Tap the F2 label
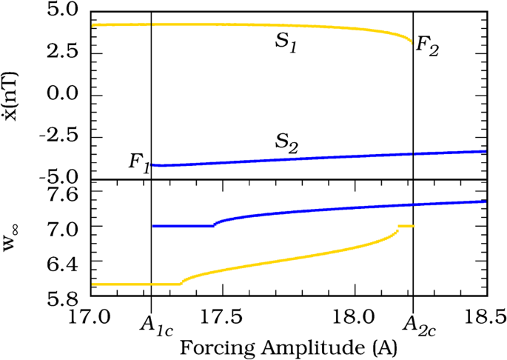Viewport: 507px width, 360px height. [x=429, y=45]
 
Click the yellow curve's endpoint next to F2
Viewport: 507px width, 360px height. [x=412, y=42]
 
